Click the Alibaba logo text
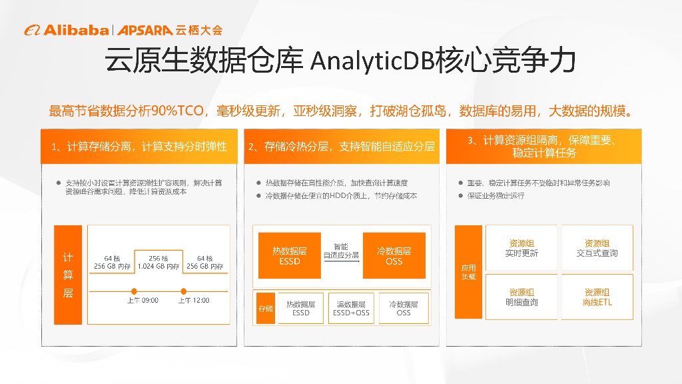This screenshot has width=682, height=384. (x=75, y=30)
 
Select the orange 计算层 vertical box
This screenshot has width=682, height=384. (x=68, y=275)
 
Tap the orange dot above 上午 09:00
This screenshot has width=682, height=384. (x=135, y=291)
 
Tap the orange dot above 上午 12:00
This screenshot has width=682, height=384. (x=184, y=291)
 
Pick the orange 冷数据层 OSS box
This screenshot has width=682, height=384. (x=394, y=256)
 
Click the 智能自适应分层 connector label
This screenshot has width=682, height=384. (x=341, y=251)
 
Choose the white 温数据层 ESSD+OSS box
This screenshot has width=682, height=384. (x=351, y=308)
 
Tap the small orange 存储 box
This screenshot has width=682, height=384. (x=266, y=308)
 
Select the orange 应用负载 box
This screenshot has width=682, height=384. (x=468, y=272)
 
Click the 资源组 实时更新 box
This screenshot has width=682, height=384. (x=521, y=248)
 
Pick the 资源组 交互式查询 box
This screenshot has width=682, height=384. (x=597, y=248)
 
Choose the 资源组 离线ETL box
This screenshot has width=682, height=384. (x=597, y=297)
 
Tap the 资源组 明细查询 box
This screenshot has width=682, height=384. (x=521, y=297)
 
